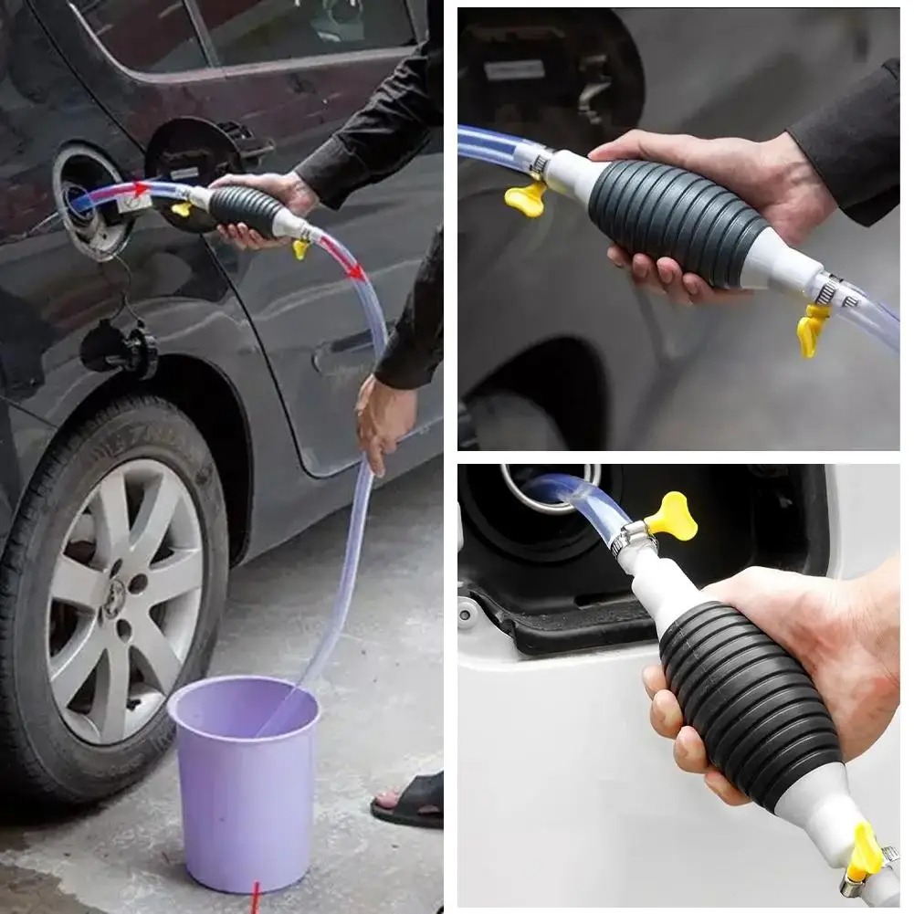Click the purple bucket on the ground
244,776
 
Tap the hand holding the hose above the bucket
383,420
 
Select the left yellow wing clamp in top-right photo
526,197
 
